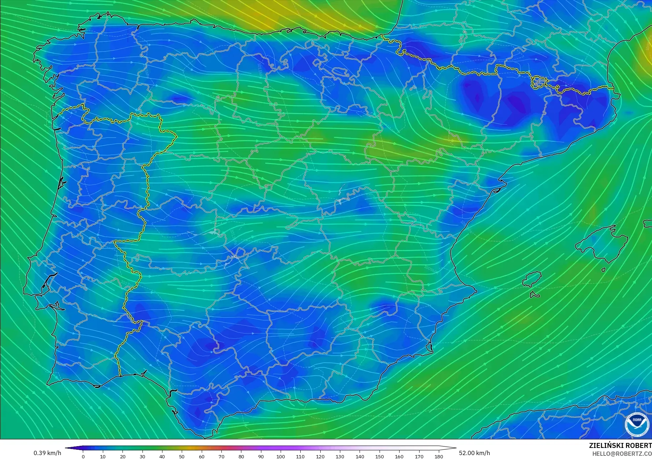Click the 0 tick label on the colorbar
(83, 456)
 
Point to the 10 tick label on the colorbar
(103, 456)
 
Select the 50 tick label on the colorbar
(182, 456)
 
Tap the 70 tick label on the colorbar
(221, 456)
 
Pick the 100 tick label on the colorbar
(281, 456)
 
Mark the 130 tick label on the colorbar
(340, 456)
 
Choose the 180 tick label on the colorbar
(438, 456)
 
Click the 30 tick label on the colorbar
(142, 456)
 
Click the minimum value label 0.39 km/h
(47, 453)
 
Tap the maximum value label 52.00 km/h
(474, 453)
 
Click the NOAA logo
(637, 424)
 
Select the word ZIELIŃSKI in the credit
(605, 446)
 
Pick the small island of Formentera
(535, 295)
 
